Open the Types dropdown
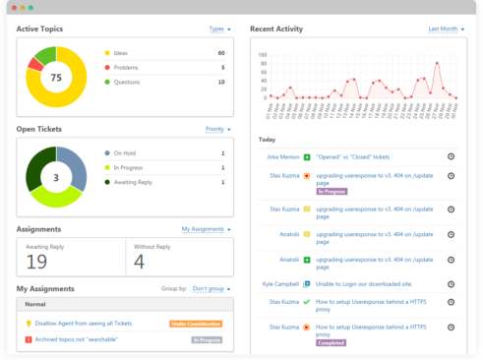click(x=219, y=30)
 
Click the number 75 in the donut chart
click(x=56, y=77)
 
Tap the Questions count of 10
click(x=220, y=82)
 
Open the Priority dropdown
click(x=216, y=129)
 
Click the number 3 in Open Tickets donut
click(x=56, y=178)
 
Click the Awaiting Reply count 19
click(x=36, y=261)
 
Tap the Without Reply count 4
click(x=139, y=261)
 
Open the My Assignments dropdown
click(x=205, y=229)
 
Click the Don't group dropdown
click(x=211, y=289)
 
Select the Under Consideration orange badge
click(x=196, y=323)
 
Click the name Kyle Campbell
click(x=280, y=283)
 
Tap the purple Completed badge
click(x=331, y=343)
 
